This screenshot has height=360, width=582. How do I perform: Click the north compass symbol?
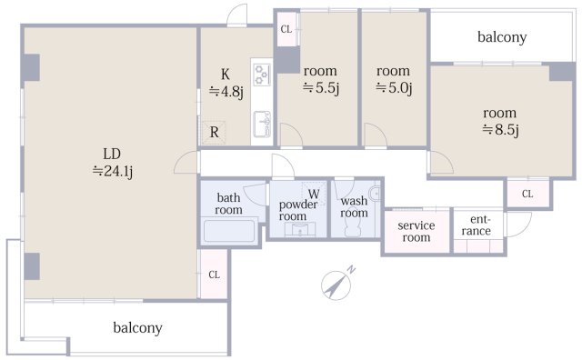(337, 284)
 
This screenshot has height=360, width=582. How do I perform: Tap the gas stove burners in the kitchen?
(262, 75)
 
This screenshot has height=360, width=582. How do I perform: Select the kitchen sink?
(262, 124)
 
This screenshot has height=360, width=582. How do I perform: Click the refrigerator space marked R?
(214, 132)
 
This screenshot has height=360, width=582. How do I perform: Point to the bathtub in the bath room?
(229, 231)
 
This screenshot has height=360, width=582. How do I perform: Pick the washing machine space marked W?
(314, 194)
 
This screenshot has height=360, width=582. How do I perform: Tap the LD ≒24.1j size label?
(113, 163)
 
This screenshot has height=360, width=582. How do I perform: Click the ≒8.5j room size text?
(500, 129)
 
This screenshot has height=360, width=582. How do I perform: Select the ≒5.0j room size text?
(394, 88)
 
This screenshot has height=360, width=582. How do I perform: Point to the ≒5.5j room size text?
(321, 88)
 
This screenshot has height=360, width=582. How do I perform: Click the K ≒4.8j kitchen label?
(226, 83)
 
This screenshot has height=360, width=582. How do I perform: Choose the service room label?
(416, 231)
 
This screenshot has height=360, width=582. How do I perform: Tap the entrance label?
(477, 225)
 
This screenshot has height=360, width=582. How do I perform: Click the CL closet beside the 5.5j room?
(286, 29)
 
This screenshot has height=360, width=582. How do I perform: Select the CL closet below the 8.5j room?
(527, 194)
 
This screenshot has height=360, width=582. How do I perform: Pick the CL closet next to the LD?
(214, 275)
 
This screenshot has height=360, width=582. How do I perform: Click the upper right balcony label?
(502, 37)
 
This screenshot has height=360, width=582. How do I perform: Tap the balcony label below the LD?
(137, 328)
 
